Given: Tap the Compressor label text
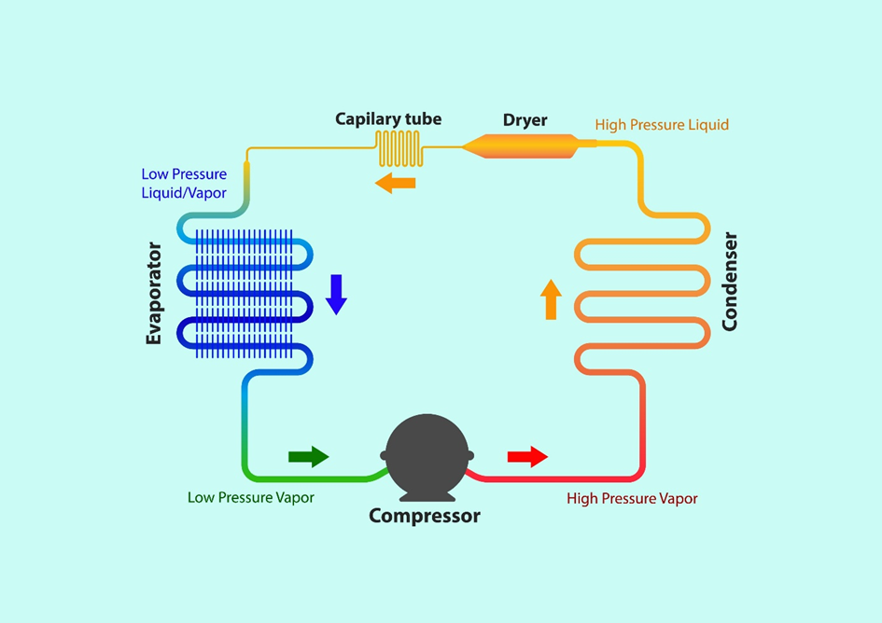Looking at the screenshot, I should click(425, 516).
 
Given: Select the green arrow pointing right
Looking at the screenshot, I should click(308, 456).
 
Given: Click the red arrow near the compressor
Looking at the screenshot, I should click(527, 457).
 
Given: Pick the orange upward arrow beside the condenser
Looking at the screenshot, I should click(551, 299).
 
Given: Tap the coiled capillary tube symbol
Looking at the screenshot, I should click(399, 147).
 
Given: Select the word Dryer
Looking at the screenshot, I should click(525, 120).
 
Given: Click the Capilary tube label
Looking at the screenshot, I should click(388, 119).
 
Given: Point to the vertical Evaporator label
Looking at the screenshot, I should click(154, 294).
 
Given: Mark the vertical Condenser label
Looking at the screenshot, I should click(730, 282).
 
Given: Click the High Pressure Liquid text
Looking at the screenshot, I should click(662, 125).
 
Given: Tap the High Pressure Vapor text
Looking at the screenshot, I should click(632, 499).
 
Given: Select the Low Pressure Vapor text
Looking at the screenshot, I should click(251, 498).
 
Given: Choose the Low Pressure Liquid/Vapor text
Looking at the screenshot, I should click(184, 183).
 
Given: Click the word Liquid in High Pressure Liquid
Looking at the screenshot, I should click(707, 125).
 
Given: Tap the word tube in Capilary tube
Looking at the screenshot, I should click(421, 119).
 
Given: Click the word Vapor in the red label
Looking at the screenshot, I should click(678, 499).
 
